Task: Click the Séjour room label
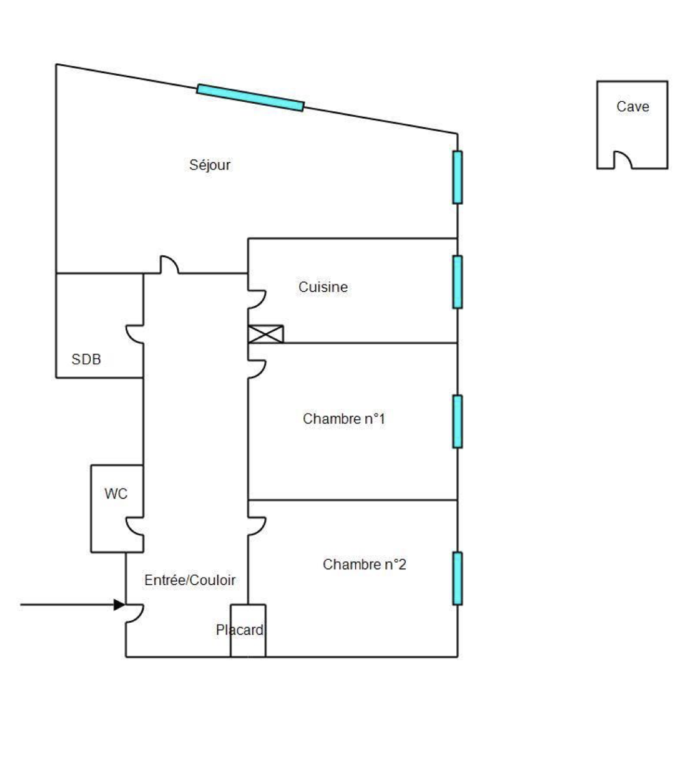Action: pos(210,165)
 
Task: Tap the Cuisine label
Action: pos(323,287)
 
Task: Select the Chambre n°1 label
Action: pos(344,419)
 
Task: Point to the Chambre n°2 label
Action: pos(365,565)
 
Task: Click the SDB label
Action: pos(87,360)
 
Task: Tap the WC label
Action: pos(115,494)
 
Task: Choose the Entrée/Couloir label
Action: pos(190,580)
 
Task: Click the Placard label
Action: pos(240,630)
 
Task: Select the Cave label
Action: pos(632,107)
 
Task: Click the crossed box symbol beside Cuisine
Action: pos(266,334)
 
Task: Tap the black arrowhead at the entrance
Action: pos(120,604)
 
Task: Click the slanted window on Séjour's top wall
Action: pos(250,97)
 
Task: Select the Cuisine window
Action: pos(458,282)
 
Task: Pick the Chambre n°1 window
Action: pos(458,421)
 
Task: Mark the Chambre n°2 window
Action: pos(458,578)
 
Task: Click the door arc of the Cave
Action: pos(622,159)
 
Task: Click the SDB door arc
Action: pos(135,333)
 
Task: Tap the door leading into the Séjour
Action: pos(169,264)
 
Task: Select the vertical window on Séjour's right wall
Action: pos(458,178)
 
